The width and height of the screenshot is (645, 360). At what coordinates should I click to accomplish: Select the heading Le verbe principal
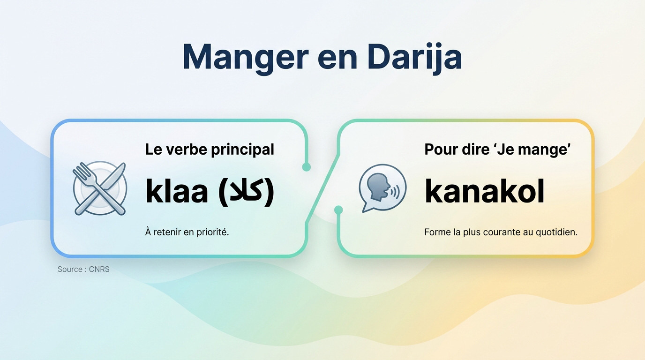210,150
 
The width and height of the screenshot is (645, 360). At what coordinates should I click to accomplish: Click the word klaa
177,191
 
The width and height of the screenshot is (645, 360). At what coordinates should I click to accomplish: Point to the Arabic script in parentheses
246,191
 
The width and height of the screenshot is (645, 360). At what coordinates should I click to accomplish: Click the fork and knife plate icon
99,188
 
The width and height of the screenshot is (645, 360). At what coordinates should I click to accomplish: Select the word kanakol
484,191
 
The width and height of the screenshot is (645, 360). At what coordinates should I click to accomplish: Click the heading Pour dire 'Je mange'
497,150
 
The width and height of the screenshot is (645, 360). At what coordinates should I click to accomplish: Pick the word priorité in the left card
211,232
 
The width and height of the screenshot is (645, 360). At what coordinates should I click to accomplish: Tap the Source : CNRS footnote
83,270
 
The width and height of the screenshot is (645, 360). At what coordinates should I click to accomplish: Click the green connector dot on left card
307,167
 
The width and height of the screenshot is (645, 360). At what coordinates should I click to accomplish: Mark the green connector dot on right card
338,210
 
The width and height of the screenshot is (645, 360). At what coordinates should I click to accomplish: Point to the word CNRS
99,270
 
